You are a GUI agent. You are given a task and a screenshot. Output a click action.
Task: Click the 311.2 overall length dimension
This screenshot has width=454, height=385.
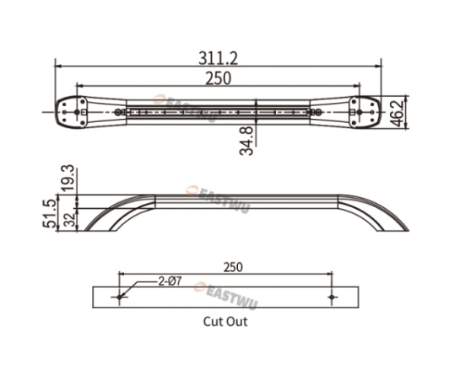point(218,58)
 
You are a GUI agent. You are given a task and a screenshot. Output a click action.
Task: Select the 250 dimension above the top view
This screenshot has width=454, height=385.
point(219,78)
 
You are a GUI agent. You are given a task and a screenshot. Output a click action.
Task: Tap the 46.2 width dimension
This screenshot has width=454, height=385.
point(398,112)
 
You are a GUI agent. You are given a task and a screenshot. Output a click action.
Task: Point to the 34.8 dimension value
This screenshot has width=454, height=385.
point(246,141)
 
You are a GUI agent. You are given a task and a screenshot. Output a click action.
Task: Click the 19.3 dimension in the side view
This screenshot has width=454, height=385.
point(68,178)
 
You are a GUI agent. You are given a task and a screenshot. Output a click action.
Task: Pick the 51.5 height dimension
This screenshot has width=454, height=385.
point(49,213)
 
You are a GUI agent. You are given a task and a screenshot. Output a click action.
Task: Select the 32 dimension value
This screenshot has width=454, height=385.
point(69,219)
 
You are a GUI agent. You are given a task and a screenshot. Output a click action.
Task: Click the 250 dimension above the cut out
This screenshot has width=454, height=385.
point(233,267)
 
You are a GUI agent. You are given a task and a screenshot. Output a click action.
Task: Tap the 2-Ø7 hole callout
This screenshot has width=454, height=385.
point(170,281)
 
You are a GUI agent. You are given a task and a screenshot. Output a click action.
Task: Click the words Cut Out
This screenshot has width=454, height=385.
point(225,322)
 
